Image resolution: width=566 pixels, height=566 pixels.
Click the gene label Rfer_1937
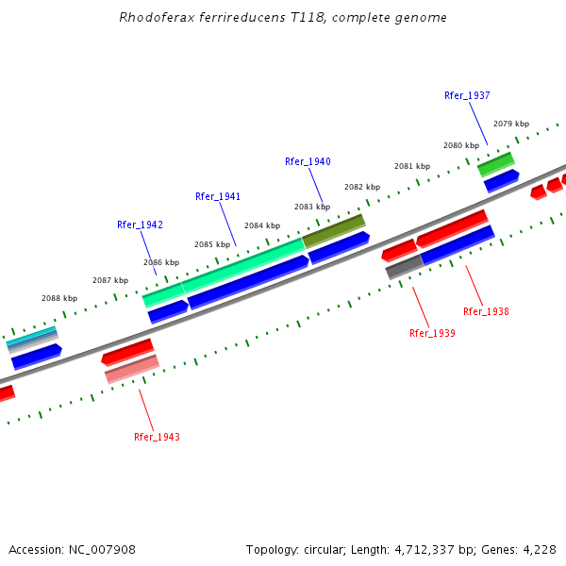click(467, 95)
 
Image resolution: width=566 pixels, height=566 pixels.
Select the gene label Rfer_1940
click(308, 161)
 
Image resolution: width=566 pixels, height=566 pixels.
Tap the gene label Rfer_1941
click(218, 196)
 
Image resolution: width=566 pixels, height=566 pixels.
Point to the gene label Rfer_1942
click(140, 225)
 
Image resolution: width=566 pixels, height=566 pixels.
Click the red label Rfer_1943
click(157, 437)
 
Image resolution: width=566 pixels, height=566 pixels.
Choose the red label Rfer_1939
click(432, 333)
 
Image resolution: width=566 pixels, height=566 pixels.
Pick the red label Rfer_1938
click(486, 311)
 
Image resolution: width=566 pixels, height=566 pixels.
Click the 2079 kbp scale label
click(511, 124)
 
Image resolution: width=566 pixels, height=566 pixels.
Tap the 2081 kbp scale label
click(412, 166)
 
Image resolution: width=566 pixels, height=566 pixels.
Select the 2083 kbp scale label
click(312, 207)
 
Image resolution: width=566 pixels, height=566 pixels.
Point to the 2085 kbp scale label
click(212, 244)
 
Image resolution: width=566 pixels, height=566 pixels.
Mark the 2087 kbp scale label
click(110, 280)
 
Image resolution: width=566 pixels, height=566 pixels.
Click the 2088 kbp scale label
click(59, 298)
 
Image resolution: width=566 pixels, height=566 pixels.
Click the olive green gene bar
click(333, 230)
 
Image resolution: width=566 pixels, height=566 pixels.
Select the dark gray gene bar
click(404, 267)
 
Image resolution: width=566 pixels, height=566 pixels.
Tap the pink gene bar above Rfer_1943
click(132, 369)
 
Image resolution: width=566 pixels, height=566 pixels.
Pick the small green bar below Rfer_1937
click(495, 164)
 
